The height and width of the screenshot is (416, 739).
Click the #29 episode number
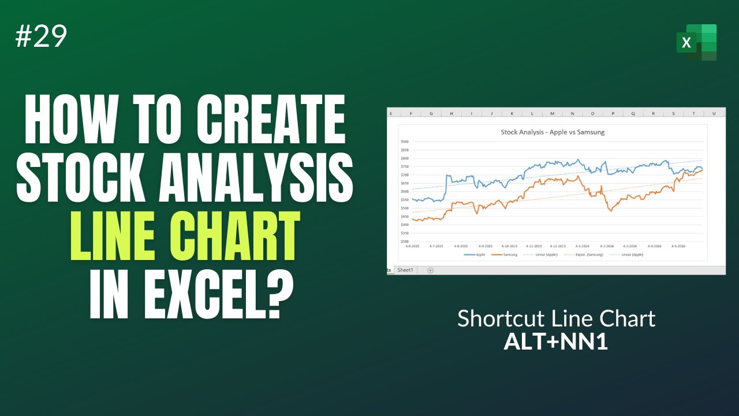[42, 37]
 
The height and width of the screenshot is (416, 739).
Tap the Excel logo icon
[697, 42]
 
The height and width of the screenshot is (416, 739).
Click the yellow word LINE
[125, 236]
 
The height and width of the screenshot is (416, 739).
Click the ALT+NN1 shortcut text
[556, 342]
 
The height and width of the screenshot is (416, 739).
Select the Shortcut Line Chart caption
[556, 318]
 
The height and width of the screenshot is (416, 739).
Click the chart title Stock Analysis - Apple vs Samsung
[553, 132]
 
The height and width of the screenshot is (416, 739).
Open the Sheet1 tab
[405, 270]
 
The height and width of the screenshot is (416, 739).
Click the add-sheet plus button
[430, 270]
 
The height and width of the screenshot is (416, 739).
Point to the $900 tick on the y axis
[404, 141]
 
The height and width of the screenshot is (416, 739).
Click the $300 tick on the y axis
[404, 241]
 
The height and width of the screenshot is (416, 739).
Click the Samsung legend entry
[507, 255]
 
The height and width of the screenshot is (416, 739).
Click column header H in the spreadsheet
[451, 113]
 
